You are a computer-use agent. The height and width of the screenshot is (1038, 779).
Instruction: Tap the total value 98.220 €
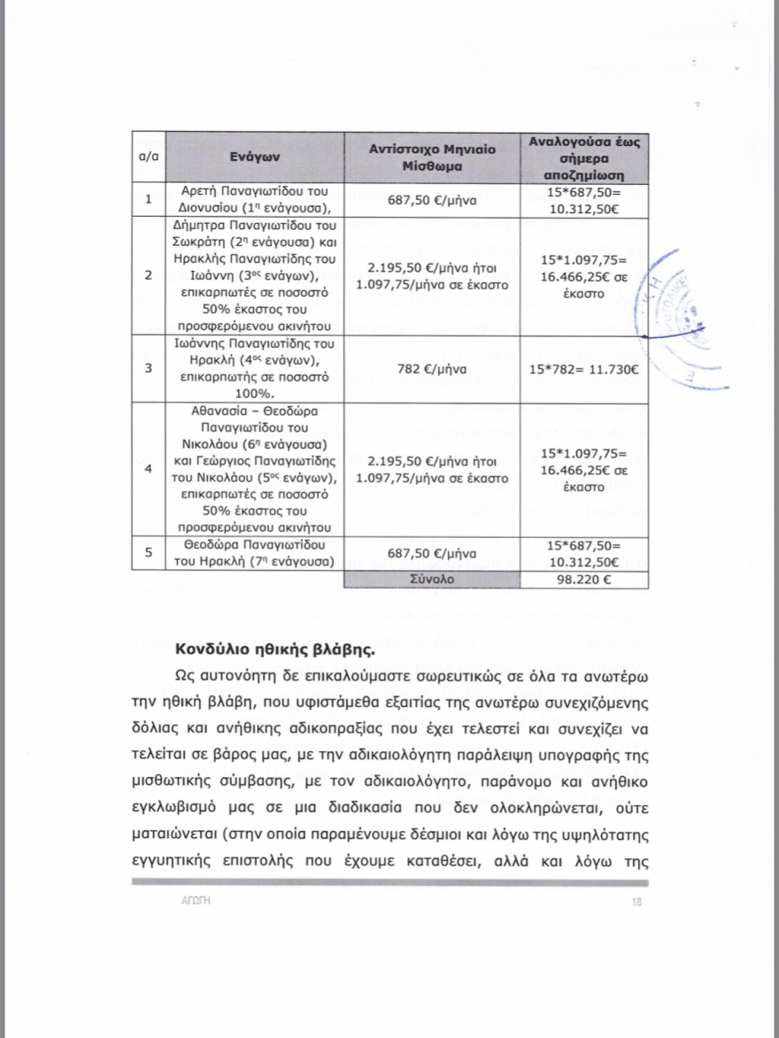click(584, 581)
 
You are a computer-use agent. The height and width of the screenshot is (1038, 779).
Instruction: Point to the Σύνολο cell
click(432, 581)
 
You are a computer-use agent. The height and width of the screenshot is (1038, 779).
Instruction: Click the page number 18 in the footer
click(636, 902)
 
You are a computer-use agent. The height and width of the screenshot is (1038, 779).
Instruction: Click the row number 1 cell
click(148, 200)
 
